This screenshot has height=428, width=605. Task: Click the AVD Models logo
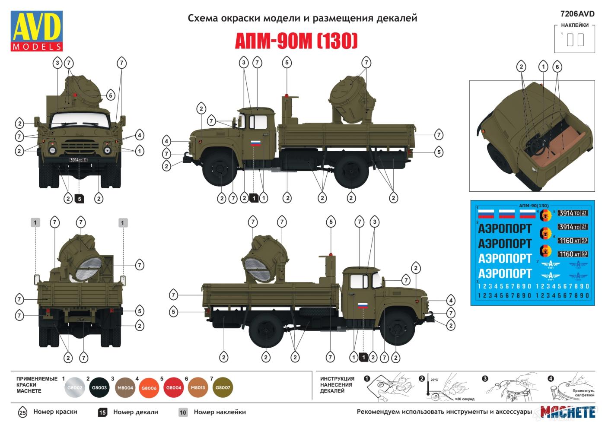[x=37, y=31]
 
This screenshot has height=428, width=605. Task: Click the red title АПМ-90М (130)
[x=296, y=41]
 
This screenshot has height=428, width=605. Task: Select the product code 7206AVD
[x=577, y=14]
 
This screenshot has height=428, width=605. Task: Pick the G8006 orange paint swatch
[x=149, y=388]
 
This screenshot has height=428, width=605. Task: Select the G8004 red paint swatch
[x=174, y=388]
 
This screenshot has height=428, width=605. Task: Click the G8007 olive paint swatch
[x=223, y=388]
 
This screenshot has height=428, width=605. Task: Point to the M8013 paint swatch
[x=198, y=388]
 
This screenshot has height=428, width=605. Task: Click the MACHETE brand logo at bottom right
[x=568, y=412]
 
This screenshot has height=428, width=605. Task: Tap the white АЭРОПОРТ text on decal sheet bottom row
[x=505, y=273]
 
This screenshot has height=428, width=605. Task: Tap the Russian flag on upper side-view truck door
[x=256, y=143]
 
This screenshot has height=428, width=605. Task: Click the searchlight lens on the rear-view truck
[x=88, y=267]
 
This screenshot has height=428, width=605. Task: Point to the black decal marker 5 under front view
[x=79, y=199]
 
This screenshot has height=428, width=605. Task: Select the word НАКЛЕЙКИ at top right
[x=575, y=25]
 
